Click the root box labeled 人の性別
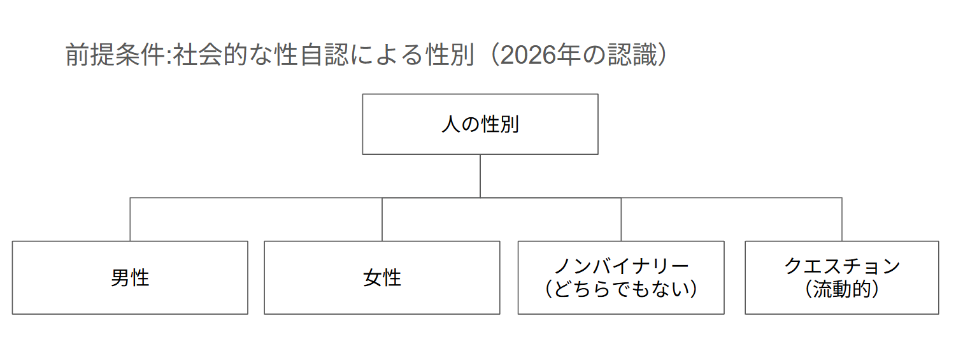coord(480,124)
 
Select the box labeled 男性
coord(130,278)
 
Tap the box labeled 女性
coord(382,278)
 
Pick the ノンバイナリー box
coord(621,278)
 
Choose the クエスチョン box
coord(841,278)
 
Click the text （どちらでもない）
coord(621,289)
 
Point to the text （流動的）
coord(841,289)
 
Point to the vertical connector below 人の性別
coord(480,175)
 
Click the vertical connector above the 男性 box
coord(130,219)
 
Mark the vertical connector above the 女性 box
coord(382,219)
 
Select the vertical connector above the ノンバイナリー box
coord(621,219)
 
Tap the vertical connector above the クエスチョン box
coord(841,219)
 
